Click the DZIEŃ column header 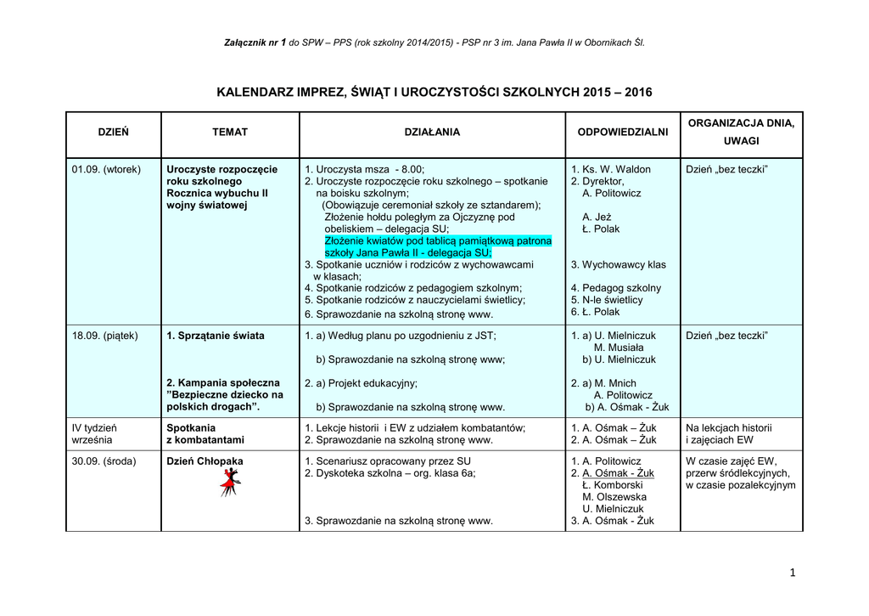coord(113,133)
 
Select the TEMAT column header coord(230,133)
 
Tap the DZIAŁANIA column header coord(432,133)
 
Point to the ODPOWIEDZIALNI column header coord(622,133)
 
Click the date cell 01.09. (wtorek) coord(107,169)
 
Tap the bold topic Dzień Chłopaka coord(205,461)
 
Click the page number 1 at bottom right coord(793,574)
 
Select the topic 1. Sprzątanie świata coord(216,336)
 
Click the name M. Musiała coord(619,348)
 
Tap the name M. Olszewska coord(614,497)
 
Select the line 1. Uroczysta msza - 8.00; coord(363,169)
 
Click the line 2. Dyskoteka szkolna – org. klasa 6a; coord(390,473)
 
